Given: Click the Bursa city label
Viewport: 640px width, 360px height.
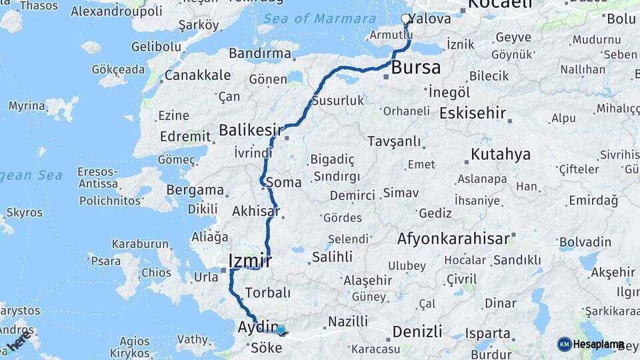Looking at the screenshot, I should click(415, 67).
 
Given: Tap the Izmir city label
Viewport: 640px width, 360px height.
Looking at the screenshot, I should click(249, 260).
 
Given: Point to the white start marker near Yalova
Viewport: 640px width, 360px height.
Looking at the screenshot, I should click(405, 19).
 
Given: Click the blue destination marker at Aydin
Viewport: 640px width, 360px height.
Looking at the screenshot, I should click(281, 329).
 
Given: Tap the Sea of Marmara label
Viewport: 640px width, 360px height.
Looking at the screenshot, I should click(319, 19).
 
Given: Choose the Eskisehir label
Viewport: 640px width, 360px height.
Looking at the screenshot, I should click(472, 113).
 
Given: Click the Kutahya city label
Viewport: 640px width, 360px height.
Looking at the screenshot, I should click(500, 155).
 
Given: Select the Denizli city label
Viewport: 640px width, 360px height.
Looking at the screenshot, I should click(417, 331).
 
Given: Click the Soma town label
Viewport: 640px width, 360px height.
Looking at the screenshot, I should click(283, 182).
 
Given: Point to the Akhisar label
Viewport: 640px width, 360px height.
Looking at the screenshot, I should click(255, 211).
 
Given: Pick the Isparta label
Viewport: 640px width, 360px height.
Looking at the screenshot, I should click(489, 333).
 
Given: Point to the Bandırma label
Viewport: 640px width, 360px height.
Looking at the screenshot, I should click(259, 53).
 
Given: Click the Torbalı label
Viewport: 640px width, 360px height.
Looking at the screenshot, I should click(267, 293).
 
